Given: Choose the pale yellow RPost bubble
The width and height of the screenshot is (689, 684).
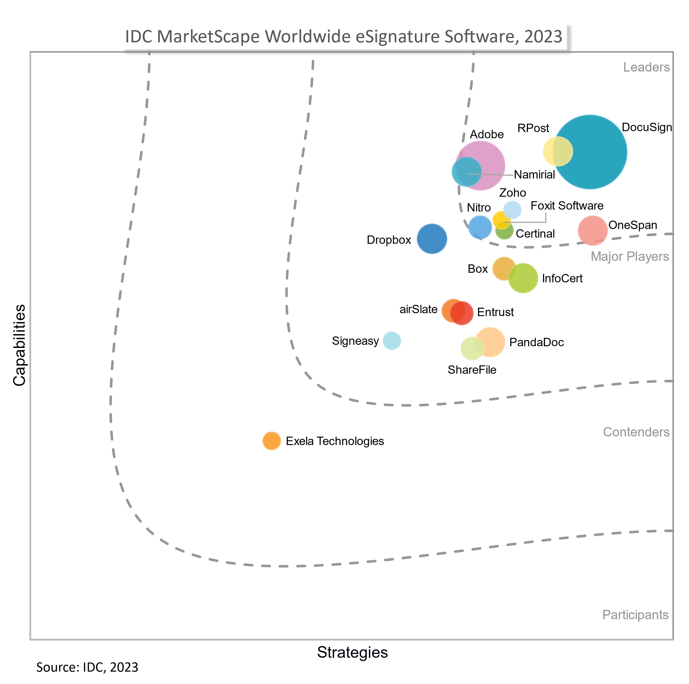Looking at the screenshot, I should [557, 151].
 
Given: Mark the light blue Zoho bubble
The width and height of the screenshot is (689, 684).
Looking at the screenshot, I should [512, 210].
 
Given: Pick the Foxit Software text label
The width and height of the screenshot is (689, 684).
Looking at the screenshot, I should [567, 206].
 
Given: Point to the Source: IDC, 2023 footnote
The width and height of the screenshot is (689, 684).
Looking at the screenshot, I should [87, 667].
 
